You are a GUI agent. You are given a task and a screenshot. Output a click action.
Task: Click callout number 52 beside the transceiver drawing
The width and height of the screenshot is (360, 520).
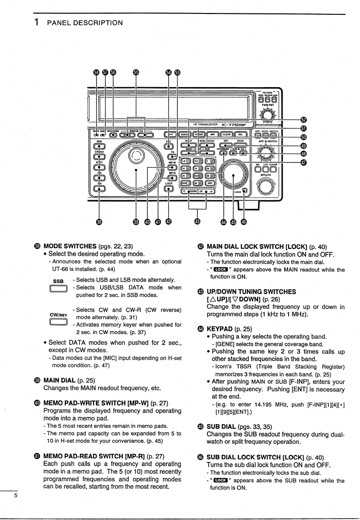(x=303, y=120)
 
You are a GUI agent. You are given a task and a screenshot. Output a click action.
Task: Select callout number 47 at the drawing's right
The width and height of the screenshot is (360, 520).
(x=303, y=167)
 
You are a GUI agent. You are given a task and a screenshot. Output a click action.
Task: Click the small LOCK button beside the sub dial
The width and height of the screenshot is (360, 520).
(x=245, y=190)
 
